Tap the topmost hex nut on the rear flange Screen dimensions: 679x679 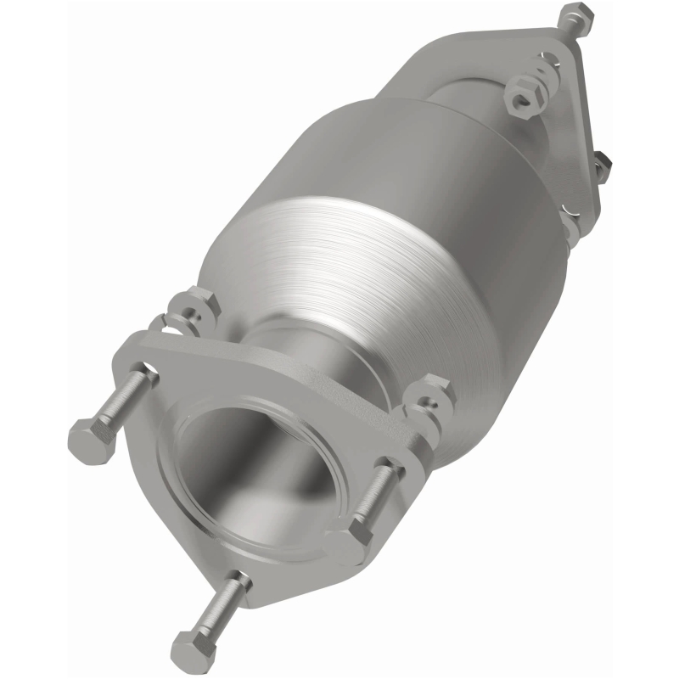tap(577, 16)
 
